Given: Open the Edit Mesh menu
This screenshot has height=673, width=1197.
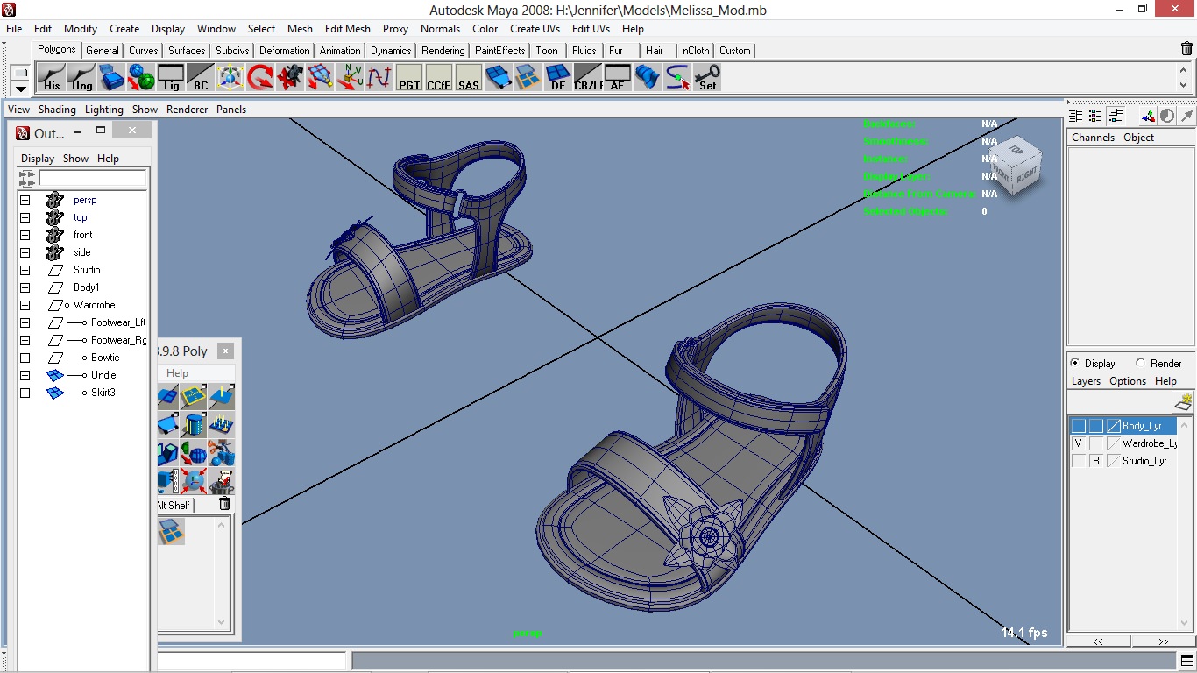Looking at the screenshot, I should click(347, 29).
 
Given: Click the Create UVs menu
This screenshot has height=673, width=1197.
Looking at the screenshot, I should click(535, 29).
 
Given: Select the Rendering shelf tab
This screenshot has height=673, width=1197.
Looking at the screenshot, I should click(443, 51).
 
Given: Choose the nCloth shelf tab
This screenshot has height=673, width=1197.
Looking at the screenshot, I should click(696, 51).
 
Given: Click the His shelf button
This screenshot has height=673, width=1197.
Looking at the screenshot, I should click(52, 78).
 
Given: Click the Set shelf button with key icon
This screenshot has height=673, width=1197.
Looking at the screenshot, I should click(707, 78).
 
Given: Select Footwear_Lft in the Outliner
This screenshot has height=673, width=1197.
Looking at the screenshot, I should click(117, 322).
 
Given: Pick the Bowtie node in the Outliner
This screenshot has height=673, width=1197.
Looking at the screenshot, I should click(105, 358).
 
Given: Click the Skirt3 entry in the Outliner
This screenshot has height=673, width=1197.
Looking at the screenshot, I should click(103, 393).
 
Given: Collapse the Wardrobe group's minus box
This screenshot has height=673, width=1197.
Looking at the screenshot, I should click(25, 305).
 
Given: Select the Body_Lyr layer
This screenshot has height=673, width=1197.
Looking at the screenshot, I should click(1141, 426).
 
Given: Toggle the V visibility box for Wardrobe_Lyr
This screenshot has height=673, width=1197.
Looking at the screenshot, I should click(1078, 443).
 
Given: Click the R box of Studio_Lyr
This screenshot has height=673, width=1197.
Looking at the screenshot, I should click(1095, 461).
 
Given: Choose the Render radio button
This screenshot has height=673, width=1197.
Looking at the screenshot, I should click(1140, 363).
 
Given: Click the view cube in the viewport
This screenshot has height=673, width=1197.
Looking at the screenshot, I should click(1016, 165).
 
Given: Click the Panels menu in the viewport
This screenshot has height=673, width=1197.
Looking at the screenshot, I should click(231, 110).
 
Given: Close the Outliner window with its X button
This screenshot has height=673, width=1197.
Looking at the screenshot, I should click(131, 131).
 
